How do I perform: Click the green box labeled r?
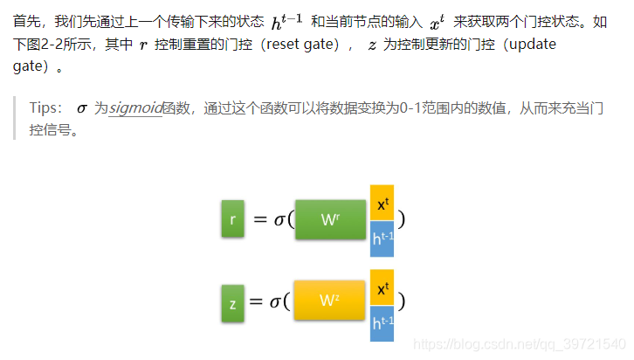point(232,219)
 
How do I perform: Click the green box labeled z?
point(232,303)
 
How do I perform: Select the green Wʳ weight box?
point(330,219)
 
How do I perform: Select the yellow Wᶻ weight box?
point(328,301)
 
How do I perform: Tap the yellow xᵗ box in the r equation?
point(382,203)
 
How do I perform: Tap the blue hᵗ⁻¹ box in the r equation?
point(382,239)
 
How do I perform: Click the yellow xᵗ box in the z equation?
point(382,287)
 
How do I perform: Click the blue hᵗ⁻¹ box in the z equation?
point(382,323)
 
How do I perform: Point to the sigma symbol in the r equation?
point(279,219)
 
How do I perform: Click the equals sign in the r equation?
point(259,219)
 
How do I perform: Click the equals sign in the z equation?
point(256,302)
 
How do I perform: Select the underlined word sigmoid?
point(135,108)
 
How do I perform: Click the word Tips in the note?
point(45,108)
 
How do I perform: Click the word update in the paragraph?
point(534,44)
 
